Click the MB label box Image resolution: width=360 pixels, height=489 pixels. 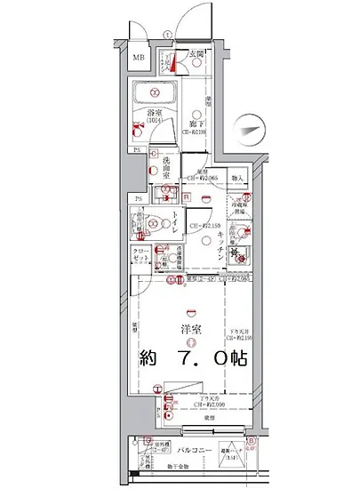click(x=138, y=60)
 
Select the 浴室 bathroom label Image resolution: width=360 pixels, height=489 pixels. click(x=154, y=113)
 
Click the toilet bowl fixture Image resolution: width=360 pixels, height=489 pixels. click(x=156, y=225)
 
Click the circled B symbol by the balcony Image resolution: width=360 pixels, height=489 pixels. click(x=251, y=439)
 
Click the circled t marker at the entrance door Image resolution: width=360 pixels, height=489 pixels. click(x=165, y=36)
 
